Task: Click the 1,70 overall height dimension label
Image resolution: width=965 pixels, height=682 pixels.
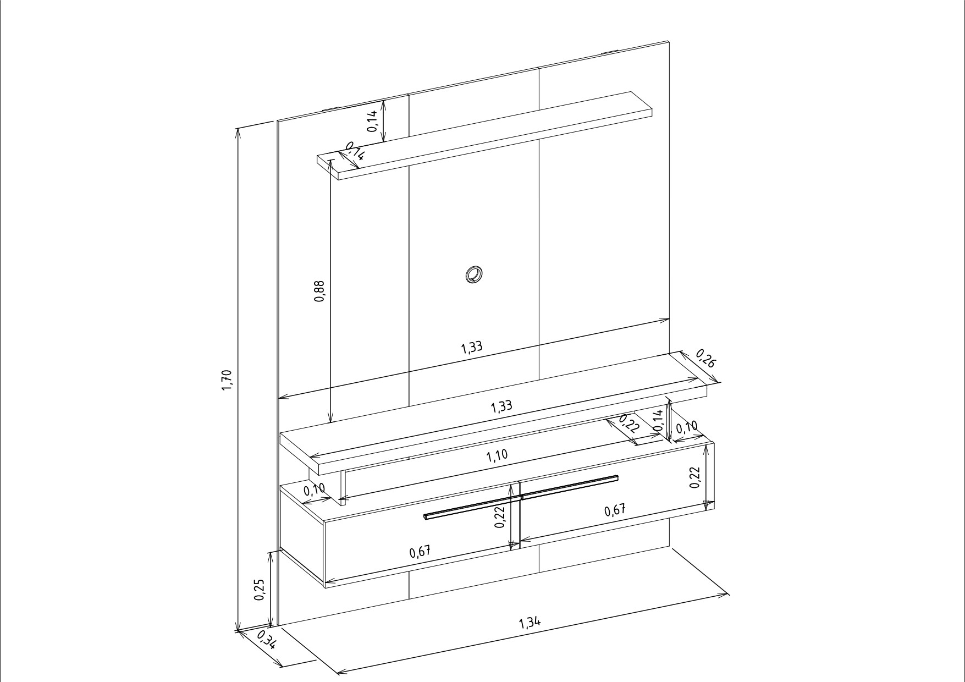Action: [x=227, y=380]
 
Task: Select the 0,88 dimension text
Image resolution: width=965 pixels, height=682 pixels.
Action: [x=319, y=291]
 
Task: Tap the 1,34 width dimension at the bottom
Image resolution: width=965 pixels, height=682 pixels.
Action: [x=530, y=623]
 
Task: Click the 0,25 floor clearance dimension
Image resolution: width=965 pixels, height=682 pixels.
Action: [x=260, y=590]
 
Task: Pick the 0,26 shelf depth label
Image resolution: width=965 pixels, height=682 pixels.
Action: [x=706, y=358]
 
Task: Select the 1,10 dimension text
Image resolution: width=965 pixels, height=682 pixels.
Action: [x=497, y=455]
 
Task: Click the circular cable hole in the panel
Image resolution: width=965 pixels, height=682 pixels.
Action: [x=473, y=274]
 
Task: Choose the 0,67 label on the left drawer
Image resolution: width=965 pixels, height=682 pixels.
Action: [x=420, y=552]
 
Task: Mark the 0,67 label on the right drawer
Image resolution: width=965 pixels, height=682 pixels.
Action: [x=615, y=510]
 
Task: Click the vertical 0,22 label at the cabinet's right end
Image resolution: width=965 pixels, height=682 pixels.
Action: [x=694, y=477]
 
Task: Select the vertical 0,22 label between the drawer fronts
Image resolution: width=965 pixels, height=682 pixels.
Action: [x=500, y=518]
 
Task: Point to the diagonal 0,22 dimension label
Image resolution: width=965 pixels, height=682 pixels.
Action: [x=630, y=424]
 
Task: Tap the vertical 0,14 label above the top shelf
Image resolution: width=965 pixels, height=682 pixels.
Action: [x=373, y=120]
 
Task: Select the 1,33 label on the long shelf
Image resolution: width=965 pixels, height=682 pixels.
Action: [x=501, y=406]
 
